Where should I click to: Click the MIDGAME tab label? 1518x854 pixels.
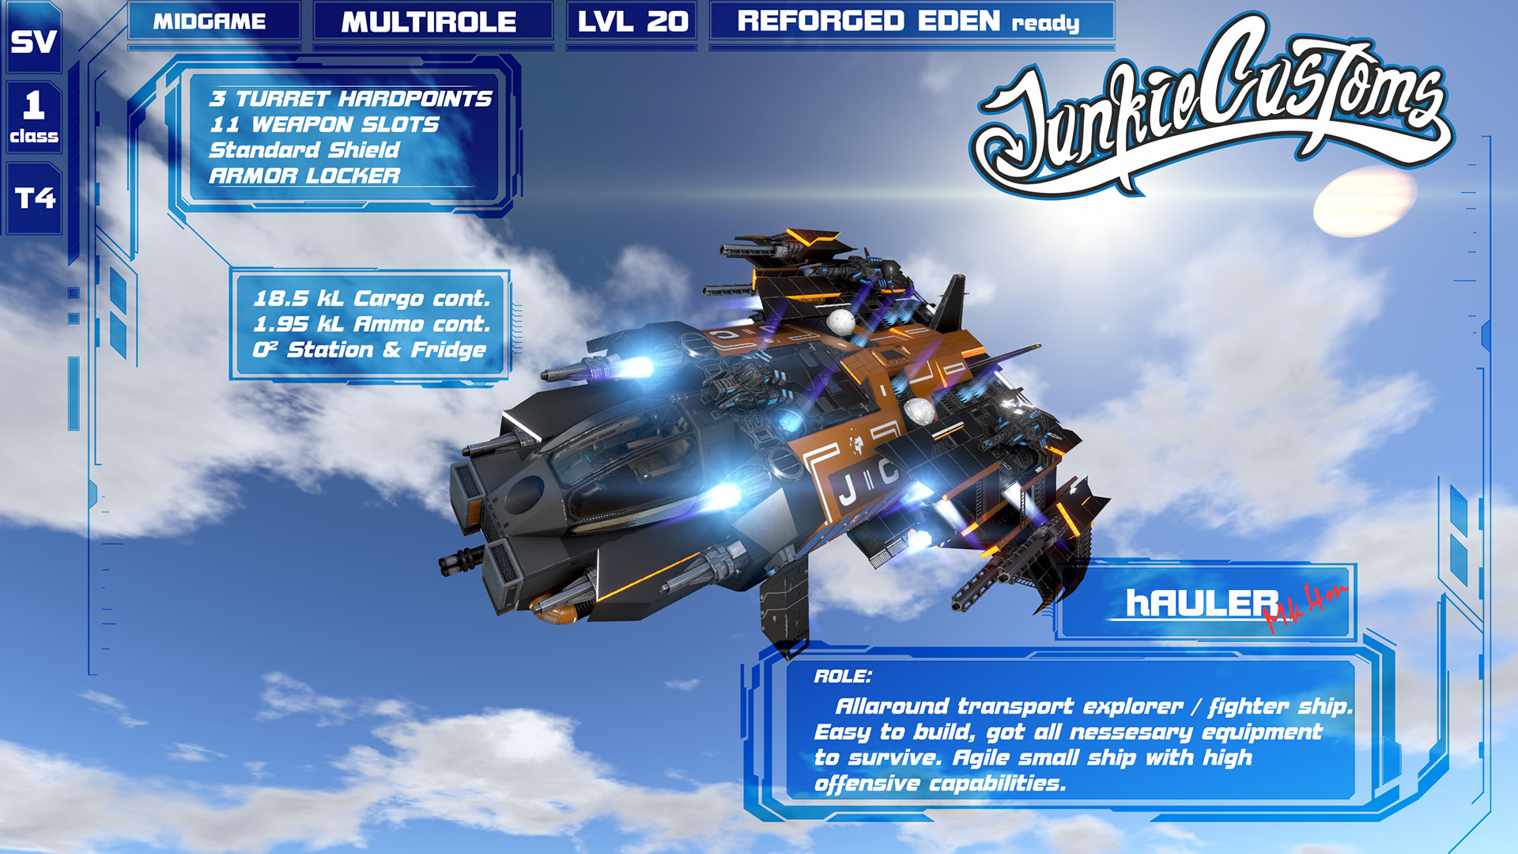210,21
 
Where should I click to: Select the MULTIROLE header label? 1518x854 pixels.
429,22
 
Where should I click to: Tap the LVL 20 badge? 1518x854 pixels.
632,21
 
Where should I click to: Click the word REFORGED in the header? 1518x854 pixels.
820,21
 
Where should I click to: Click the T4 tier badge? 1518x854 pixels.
35,198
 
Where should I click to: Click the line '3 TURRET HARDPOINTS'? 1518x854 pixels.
350,99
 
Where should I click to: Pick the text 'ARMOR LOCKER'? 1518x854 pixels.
304,176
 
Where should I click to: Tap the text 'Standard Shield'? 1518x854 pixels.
304,150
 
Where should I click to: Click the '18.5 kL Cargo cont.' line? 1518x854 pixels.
372,299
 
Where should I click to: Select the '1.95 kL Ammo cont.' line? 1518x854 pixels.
372,324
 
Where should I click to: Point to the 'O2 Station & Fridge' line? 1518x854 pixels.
369,350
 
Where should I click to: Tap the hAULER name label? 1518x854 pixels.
1202,603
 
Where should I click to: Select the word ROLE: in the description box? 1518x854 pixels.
843,677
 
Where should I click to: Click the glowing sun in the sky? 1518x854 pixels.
1365,202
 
